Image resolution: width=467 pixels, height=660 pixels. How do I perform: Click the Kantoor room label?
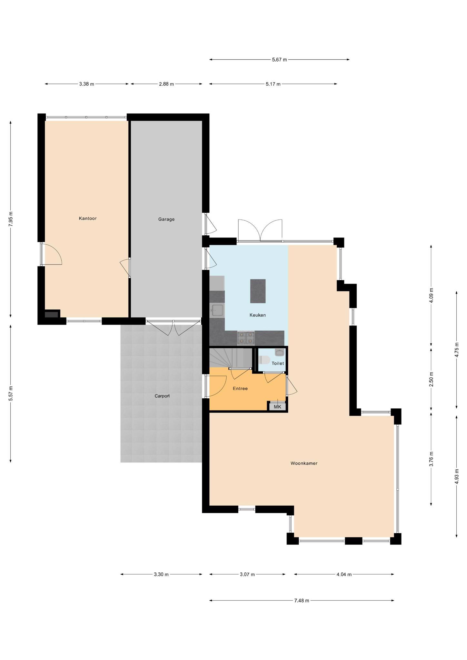[x=88, y=218]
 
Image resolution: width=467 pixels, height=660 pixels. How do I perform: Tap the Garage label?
[x=166, y=219]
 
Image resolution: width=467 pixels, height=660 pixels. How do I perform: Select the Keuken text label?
[x=258, y=315]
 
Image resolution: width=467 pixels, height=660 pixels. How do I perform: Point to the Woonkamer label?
[x=304, y=463]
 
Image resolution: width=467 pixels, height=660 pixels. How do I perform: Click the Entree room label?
[x=240, y=389]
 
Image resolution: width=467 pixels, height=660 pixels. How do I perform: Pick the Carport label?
[x=162, y=396]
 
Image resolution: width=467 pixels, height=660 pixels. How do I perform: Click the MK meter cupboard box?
[x=278, y=407]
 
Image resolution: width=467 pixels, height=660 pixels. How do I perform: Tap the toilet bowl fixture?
[x=264, y=360]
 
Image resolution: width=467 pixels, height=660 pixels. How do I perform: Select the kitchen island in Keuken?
[x=258, y=291]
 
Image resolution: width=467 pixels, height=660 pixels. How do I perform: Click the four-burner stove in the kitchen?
[x=246, y=338]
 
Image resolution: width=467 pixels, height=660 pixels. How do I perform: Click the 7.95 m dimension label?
[x=11, y=219]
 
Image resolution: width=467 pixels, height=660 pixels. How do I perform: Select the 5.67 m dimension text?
[x=279, y=60]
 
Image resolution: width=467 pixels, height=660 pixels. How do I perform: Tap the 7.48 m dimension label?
[x=302, y=600]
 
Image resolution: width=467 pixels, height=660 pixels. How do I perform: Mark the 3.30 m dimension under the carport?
[x=161, y=574]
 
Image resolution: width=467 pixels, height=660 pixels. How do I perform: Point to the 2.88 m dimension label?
[x=166, y=84]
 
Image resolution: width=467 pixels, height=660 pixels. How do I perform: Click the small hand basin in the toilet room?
[x=279, y=353]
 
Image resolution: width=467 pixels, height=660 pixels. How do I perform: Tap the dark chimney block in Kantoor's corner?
[x=51, y=315]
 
